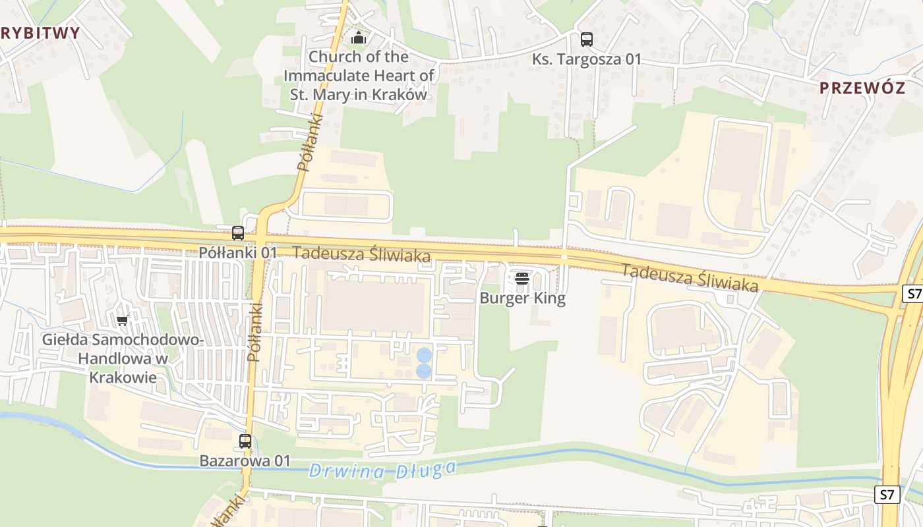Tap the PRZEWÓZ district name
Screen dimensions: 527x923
[x=862, y=88]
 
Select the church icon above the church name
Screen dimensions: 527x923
[x=358, y=38]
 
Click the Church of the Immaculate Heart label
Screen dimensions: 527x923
[x=359, y=75]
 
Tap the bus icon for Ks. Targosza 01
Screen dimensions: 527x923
[x=586, y=40]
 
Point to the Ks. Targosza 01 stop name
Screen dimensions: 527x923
[x=587, y=59]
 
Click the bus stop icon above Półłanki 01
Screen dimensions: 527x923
[x=238, y=233]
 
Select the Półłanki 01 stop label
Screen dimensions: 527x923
[x=239, y=252]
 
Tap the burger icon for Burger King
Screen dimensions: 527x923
[x=522, y=279]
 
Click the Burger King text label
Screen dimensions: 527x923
[x=522, y=298]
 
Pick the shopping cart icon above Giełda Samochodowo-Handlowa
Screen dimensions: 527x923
[x=122, y=321]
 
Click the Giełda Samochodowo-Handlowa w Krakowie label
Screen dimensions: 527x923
[x=123, y=358]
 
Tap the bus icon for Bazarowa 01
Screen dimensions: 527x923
[x=245, y=441]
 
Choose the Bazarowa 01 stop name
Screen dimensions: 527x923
[x=245, y=461]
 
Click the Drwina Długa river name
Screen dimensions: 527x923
[x=382, y=470]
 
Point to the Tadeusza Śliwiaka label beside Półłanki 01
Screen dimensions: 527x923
[x=361, y=254]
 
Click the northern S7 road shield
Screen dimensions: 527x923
[x=912, y=294]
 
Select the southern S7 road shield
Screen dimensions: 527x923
[x=887, y=494]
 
